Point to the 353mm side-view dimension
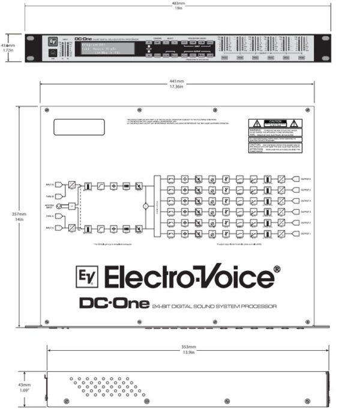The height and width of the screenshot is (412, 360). (188, 347)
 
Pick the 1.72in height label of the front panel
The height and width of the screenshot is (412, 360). (7, 50)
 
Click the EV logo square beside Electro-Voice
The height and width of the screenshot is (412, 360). (88, 277)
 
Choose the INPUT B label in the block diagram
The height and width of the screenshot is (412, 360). (49, 184)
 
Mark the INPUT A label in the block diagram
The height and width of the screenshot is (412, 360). (49, 228)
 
